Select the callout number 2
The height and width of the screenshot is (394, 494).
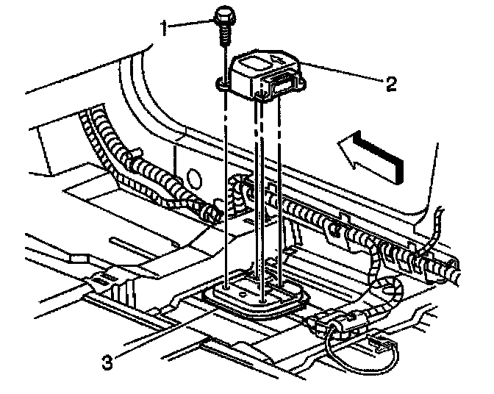point(390,83)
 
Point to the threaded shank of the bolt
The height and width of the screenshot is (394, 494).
point(222,35)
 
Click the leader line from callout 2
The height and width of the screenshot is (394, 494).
point(342,74)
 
